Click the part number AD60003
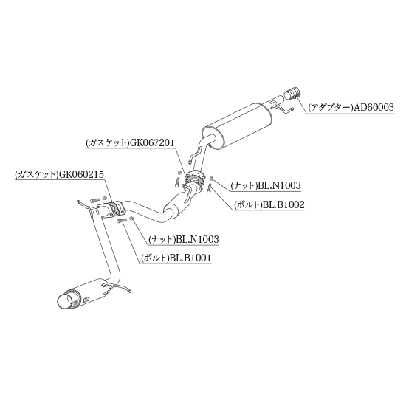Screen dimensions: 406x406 [x=374, y=107]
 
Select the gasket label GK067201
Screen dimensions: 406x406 [x=152, y=142]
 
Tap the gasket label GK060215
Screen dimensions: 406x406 [x=81, y=174]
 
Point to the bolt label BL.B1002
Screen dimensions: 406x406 [x=283, y=204]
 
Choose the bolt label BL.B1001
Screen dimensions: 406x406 [x=190, y=258]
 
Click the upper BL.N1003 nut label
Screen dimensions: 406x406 [x=280, y=185]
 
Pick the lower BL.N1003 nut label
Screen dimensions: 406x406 [x=198, y=239]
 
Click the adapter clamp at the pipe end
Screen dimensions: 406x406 [x=292, y=94]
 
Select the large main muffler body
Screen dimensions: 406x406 [x=236, y=125]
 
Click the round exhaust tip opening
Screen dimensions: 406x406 [x=64, y=301]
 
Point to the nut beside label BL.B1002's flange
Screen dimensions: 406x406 [x=211, y=179]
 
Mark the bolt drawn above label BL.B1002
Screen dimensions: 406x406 [x=209, y=187]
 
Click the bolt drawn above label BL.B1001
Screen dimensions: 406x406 [x=122, y=221]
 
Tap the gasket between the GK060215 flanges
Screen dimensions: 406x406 [x=114, y=207]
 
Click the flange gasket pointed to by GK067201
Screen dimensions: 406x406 [x=193, y=179]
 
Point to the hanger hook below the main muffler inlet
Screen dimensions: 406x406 [x=195, y=155]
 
